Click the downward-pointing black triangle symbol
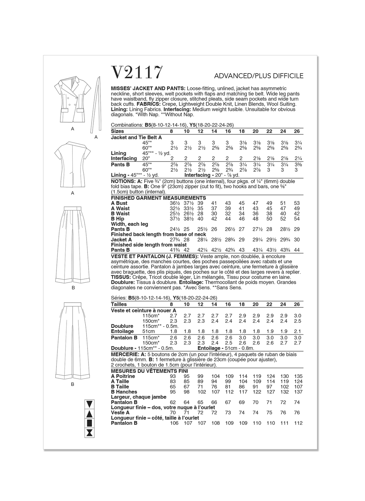(x=90, y=404)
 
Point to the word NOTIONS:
(x=123, y=181)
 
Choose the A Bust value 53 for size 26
(x=297, y=203)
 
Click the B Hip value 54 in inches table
(x=297, y=219)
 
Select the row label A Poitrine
(x=123, y=376)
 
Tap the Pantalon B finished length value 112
(x=298, y=423)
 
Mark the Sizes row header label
(x=117, y=131)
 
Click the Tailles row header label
(x=119, y=304)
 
